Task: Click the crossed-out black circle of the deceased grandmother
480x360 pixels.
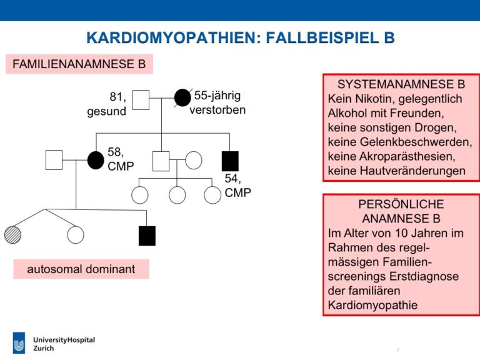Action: pyautogui.click(x=182, y=98)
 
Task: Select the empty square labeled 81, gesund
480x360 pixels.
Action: pyautogui.click(x=141, y=100)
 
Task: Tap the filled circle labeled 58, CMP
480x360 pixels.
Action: pyautogui.click(x=96, y=160)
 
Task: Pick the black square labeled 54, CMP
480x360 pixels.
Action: pyautogui.click(x=230, y=161)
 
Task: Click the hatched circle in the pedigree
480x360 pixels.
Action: pyautogui.click(x=13, y=235)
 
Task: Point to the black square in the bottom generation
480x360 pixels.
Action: pyautogui.click(x=147, y=236)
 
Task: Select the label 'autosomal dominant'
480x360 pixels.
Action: pyautogui.click(x=81, y=269)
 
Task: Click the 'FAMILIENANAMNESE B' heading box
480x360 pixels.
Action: pyautogui.click(x=79, y=64)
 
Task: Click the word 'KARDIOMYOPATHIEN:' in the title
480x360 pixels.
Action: pyautogui.click(x=174, y=37)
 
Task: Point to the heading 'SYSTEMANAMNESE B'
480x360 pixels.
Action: pyautogui.click(x=401, y=84)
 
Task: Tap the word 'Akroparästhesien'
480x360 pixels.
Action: pyautogui.click(x=404, y=156)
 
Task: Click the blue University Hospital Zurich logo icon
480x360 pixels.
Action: pyautogui.click(x=19, y=343)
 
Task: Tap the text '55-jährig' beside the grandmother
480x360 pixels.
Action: pyautogui.click(x=217, y=96)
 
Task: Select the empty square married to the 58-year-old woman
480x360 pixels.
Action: pyautogui.click(x=54, y=160)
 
